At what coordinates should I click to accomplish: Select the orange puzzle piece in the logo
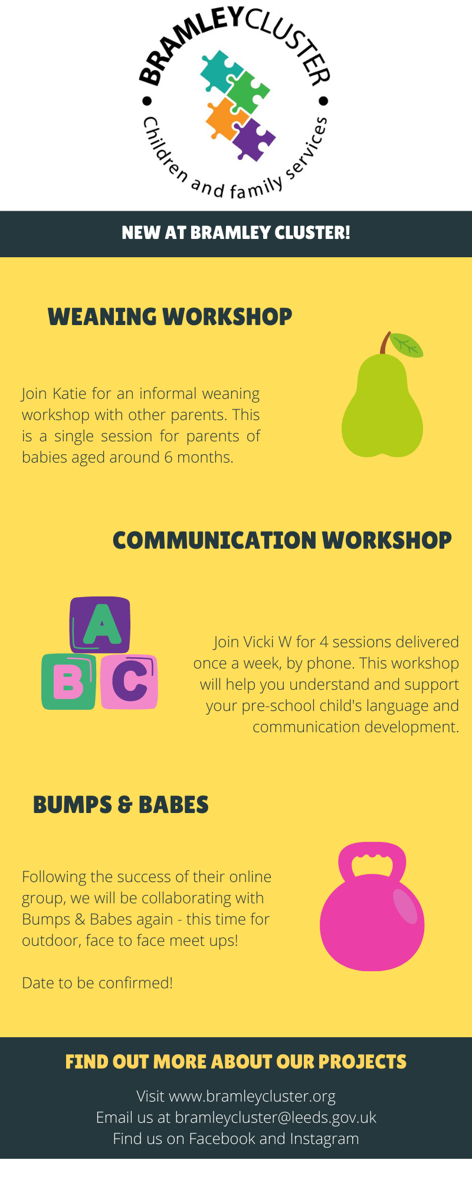pyautogui.click(x=225, y=119)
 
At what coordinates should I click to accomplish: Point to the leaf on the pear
pyautogui.click(x=406, y=345)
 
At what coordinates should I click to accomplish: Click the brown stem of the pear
pyautogui.click(x=385, y=343)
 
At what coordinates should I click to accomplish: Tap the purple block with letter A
pyautogui.click(x=100, y=625)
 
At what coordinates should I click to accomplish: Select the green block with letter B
pyautogui.click(x=68, y=681)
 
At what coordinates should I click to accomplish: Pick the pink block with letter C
pyautogui.click(x=129, y=681)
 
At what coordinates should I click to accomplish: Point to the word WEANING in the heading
pyautogui.click(x=102, y=317)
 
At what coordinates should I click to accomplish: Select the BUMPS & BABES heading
pyautogui.click(x=121, y=805)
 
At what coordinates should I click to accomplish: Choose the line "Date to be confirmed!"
pyautogui.click(x=97, y=983)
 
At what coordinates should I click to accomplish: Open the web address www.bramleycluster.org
pyautogui.click(x=253, y=1096)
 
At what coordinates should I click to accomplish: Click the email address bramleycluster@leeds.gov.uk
pyautogui.click(x=276, y=1117)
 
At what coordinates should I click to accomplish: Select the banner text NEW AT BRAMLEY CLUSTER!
pyautogui.click(x=236, y=233)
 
